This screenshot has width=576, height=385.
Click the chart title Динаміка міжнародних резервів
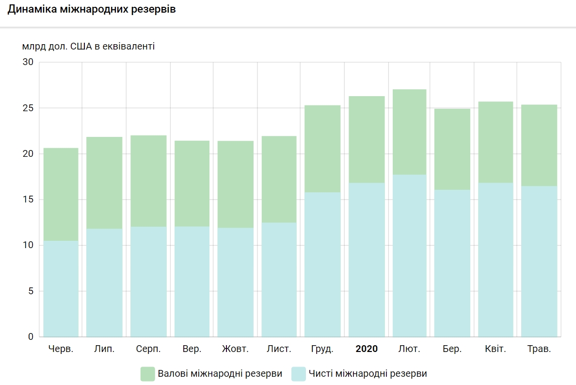[92, 10]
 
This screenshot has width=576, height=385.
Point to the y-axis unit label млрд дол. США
[88, 47]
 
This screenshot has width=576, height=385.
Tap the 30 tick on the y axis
[28, 62]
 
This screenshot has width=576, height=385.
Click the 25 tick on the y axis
[28, 108]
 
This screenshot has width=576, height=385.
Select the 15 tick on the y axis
[28, 200]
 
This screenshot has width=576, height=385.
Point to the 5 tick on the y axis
[31, 291]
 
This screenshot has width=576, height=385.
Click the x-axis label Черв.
[61, 349]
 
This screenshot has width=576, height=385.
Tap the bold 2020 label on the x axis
[367, 349]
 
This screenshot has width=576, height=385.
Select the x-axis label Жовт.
[235, 349]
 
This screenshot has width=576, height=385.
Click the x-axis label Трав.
[539, 349]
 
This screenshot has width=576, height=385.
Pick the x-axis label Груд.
[322, 349]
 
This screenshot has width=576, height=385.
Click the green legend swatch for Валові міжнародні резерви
[147, 374]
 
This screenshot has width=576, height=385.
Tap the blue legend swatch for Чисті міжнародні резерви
[298, 374]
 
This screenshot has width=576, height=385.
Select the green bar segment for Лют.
[410, 132]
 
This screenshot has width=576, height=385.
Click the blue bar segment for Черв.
[61, 289]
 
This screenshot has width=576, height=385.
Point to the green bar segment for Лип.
[104, 183]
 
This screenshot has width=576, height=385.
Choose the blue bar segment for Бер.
[452, 263]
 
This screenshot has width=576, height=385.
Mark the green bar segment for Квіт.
[496, 142]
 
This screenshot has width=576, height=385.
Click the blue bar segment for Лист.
[279, 280]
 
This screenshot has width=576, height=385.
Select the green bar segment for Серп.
[148, 181]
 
